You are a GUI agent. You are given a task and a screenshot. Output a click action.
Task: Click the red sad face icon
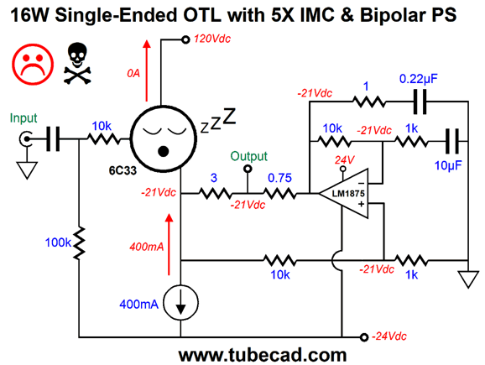click(33, 65)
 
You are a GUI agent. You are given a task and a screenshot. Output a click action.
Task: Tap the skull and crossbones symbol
click(77, 63)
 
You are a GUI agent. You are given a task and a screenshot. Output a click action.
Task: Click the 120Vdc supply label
click(212, 39)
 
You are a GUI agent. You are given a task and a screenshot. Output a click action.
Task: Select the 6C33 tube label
click(123, 170)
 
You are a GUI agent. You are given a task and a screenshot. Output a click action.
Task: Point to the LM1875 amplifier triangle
click(344, 193)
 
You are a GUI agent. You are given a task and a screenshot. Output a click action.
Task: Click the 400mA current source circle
click(180, 303)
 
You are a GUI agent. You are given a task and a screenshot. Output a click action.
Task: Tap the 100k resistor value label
click(59, 242)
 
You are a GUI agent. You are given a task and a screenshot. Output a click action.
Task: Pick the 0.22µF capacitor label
click(419, 79)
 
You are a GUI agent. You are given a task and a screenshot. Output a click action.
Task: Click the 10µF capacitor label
click(448, 165)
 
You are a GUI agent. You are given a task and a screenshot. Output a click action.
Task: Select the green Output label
click(249, 156)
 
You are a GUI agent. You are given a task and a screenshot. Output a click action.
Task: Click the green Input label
click(23, 118)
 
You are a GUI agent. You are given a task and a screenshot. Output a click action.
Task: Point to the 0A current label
click(133, 73)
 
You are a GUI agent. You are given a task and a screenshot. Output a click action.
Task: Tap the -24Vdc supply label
click(389, 336)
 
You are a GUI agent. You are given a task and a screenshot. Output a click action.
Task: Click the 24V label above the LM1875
click(345, 160)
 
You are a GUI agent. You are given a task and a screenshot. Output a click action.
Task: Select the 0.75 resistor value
click(279, 178)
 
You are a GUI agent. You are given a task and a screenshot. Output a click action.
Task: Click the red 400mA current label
click(147, 247)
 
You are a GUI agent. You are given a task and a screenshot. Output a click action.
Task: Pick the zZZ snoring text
click(218, 121)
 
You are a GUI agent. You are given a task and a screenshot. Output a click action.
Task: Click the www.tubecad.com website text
click(263, 355)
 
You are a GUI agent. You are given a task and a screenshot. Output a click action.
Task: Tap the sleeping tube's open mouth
click(164, 152)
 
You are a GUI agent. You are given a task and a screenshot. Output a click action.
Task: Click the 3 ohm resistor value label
click(214, 178)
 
